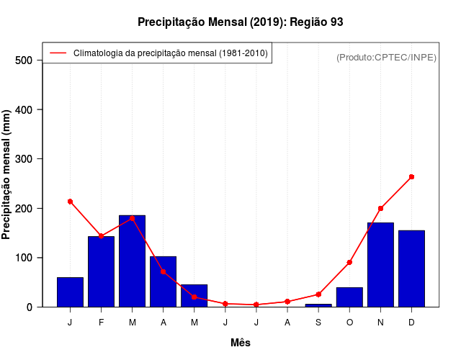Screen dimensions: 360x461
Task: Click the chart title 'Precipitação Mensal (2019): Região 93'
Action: [240, 22]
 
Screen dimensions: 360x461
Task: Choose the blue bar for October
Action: [349, 297]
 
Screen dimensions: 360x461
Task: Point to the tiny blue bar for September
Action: [318, 305]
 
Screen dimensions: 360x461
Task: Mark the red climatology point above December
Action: [411, 176]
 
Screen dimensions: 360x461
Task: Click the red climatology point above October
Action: [349, 262]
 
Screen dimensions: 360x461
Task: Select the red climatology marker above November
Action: [380, 208]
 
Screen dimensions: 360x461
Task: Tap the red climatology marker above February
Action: [101, 236]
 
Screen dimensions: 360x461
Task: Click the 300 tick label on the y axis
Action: [24, 159]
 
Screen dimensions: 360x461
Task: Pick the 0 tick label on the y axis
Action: [30, 307]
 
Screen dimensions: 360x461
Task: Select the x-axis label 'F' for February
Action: [101, 323]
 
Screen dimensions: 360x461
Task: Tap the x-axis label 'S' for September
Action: [318, 323]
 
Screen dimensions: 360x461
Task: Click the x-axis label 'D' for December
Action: [411, 323]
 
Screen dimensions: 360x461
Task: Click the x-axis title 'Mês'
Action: [241, 343]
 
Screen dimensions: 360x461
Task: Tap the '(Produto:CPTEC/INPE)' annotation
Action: [386, 57]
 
